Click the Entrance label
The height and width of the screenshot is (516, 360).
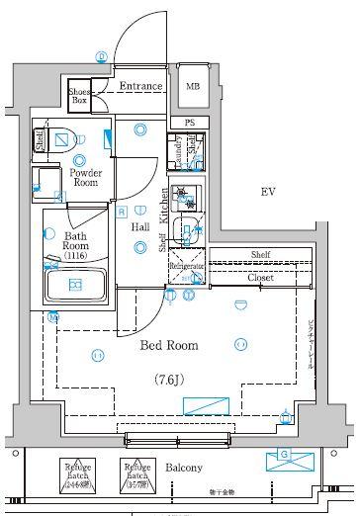pyautogui.click(x=140, y=87)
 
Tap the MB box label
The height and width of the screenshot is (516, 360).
pyautogui.click(x=193, y=87)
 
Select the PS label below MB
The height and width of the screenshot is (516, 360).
pyautogui.click(x=190, y=123)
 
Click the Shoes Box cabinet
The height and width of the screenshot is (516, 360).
pyautogui.click(x=79, y=97)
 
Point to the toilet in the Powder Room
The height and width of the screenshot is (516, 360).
pyautogui.click(x=61, y=138)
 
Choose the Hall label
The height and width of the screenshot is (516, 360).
pyautogui.click(x=140, y=227)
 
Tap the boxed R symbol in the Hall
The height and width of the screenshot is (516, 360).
pyautogui.click(x=121, y=211)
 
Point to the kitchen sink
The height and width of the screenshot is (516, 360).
pyautogui.click(x=186, y=232)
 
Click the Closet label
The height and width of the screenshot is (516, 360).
pyautogui.click(x=260, y=279)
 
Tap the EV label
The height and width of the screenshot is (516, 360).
pyautogui.click(x=267, y=191)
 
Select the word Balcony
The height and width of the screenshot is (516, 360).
pyautogui.click(x=184, y=469)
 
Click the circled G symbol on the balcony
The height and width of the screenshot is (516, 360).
pyautogui.click(x=285, y=455)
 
